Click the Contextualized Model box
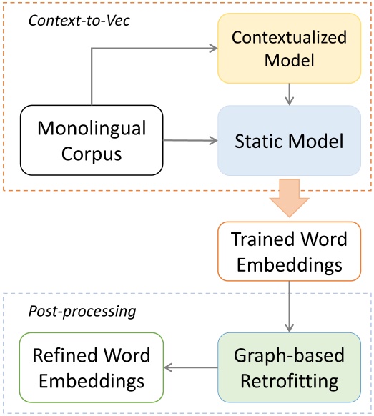[x=290, y=49]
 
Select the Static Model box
[x=290, y=140]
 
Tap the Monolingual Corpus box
[x=92, y=140]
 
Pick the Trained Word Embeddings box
[x=290, y=252]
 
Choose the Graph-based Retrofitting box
[x=290, y=367]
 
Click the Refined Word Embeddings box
[x=92, y=367]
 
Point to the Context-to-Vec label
[x=79, y=21]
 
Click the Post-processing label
[x=82, y=311]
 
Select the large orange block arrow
[x=290, y=198]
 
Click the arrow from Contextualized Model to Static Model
[x=290, y=94]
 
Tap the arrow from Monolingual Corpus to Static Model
[x=190, y=140]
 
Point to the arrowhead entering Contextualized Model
[x=215, y=49]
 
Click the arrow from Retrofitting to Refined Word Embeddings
[x=191, y=367]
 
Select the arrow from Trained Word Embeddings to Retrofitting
[x=290, y=307]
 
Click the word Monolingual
[x=92, y=129]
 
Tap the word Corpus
[x=92, y=154]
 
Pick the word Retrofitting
[x=290, y=381]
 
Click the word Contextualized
[x=290, y=37]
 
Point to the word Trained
[x=262, y=239]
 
